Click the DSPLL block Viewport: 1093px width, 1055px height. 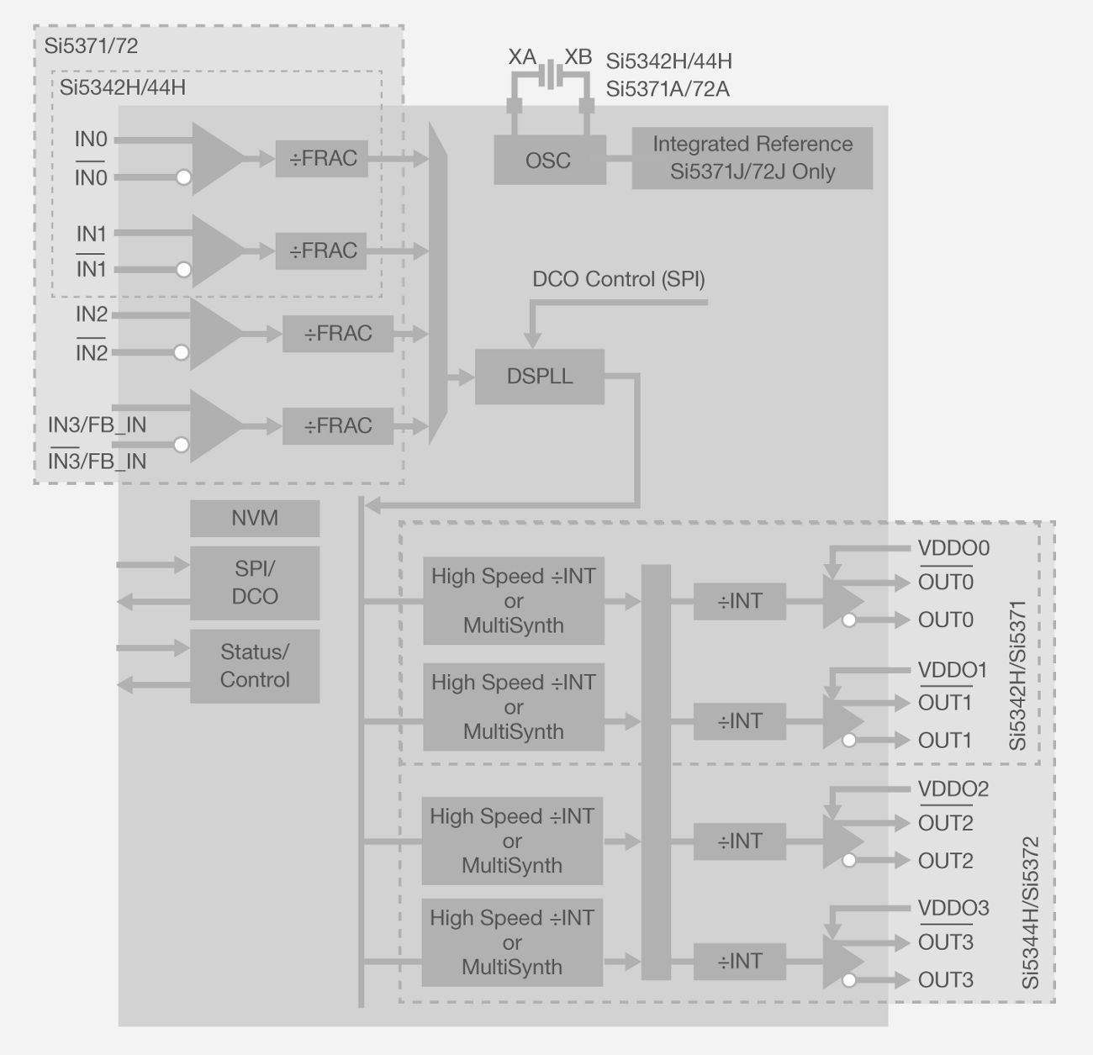pyautogui.click(x=539, y=377)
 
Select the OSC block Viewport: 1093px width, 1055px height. pyautogui.click(x=548, y=161)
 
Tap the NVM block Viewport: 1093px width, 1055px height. pyautogui.click(x=254, y=519)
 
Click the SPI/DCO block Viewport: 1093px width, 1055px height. pyautogui.click(x=254, y=583)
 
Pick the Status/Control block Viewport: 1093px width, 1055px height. pyautogui.click(x=254, y=666)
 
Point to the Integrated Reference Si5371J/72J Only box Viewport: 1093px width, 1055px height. pyautogui.click(x=752, y=158)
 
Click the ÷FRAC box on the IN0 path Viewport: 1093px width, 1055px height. pyautogui.click(x=322, y=158)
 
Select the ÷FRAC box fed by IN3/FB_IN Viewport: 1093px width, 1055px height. pyautogui.click(x=337, y=426)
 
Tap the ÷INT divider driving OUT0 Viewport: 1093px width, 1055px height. pyautogui.click(x=739, y=602)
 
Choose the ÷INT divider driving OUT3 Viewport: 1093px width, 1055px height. pyautogui.click(x=739, y=961)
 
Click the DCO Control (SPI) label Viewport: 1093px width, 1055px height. pyautogui.click(x=619, y=279)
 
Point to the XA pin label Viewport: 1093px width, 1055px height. pyautogui.click(x=522, y=57)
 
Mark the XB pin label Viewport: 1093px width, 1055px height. pyautogui.click(x=578, y=57)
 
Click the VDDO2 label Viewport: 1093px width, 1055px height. pyautogui.click(x=953, y=789)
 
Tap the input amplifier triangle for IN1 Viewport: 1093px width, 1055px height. pyautogui.click(x=216, y=251)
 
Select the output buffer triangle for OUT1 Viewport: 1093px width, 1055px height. pyautogui.click(x=842, y=721)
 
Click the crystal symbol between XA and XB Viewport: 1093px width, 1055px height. pyautogui.click(x=550, y=75)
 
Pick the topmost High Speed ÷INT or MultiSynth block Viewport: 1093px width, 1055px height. pyautogui.click(x=513, y=601)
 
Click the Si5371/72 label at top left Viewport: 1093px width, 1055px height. pyautogui.click(x=91, y=46)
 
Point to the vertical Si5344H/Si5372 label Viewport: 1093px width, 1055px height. pyautogui.click(x=1031, y=913)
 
